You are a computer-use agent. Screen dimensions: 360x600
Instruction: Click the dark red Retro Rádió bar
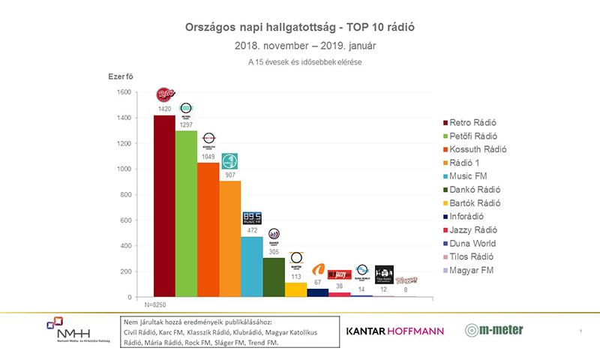point(164,206)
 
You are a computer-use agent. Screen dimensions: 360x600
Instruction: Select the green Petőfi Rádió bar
point(187,214)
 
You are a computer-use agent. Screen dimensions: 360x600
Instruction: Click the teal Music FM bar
point(253,266)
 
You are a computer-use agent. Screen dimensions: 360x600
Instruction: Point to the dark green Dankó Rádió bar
point(274,277)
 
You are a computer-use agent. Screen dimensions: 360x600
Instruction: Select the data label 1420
point(164,109)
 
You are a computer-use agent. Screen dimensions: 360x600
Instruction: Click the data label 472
point(253,230)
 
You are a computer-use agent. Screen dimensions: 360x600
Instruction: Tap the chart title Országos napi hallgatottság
point(300,27)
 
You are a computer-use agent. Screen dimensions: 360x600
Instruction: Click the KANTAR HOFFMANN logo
point(394,331)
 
